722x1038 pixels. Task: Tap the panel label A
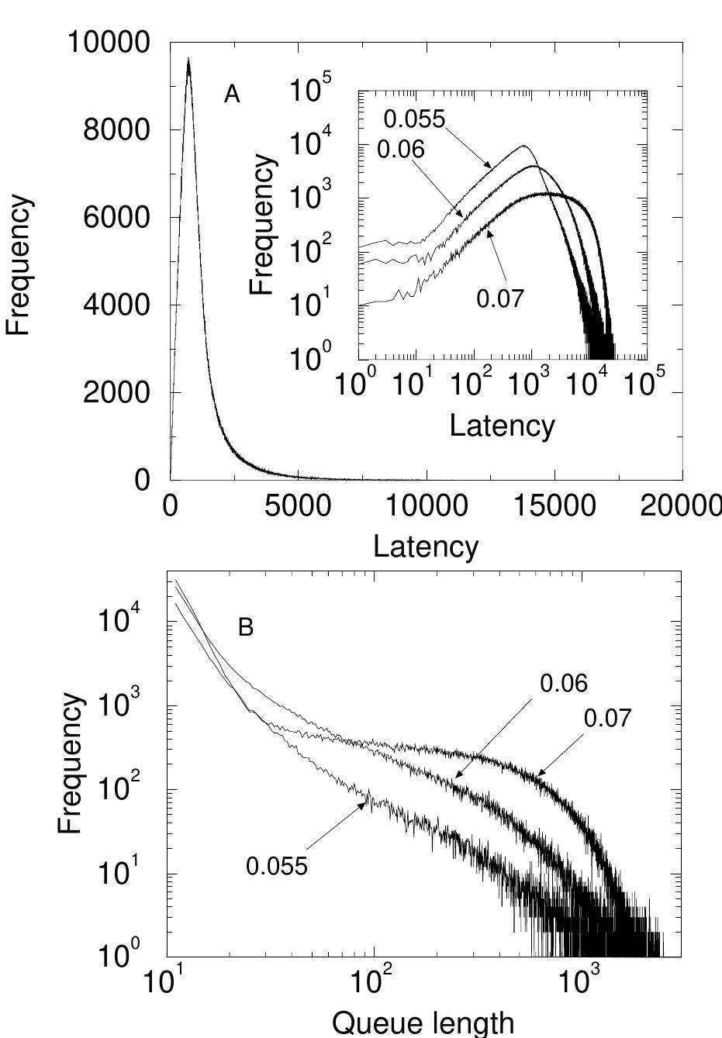(x=232, y=95)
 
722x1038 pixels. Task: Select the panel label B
(x=246, y=627)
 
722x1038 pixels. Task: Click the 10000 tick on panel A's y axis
(x=109, y=43)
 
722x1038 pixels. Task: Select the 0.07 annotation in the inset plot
(x=500, y=298)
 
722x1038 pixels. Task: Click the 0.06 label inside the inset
(x=401, y=149)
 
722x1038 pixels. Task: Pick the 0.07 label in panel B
(x=607, y=719)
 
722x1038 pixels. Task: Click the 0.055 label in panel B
(x=277, y=866)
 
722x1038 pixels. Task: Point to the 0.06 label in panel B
(x=564, y=684)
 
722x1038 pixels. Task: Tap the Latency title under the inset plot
(x=503, y=426)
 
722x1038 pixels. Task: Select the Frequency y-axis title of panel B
(x=71, y=764)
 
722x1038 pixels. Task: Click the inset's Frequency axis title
(x=264, y=225)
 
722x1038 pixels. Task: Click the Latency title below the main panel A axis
(x=426, y=547)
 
